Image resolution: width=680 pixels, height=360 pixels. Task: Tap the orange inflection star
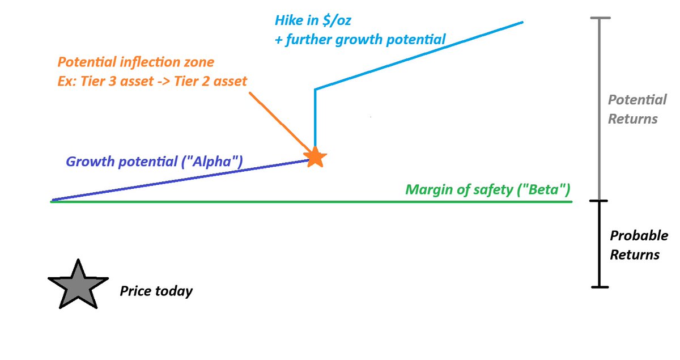(x=315, y=157)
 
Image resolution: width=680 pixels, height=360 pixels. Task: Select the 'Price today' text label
(x=156, y=291)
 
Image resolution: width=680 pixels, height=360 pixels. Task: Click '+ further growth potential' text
(x=360, y=40)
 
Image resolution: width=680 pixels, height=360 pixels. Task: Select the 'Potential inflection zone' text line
(x=136, y=61)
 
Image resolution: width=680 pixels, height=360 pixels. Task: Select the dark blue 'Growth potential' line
(x=170, y=181)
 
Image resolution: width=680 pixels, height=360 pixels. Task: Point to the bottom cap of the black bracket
(x=600, y=287)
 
